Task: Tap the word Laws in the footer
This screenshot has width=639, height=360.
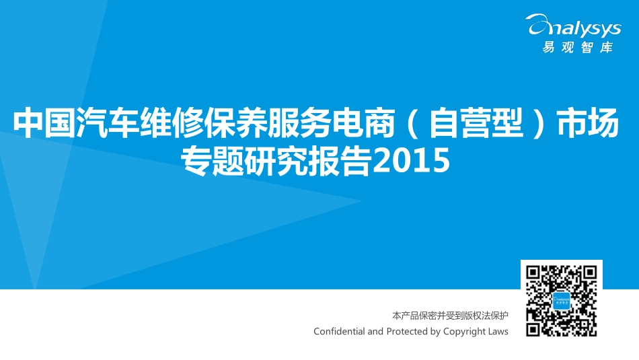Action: pos(499,331)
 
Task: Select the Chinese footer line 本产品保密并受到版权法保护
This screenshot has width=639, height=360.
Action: pos(450,315)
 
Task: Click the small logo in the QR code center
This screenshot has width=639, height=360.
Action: pos(562,301)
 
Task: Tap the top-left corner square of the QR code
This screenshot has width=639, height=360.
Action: pos(534,273)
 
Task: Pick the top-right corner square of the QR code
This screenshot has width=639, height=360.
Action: pos(589,273)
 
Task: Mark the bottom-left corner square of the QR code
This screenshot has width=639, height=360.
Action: pos(534,328)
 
